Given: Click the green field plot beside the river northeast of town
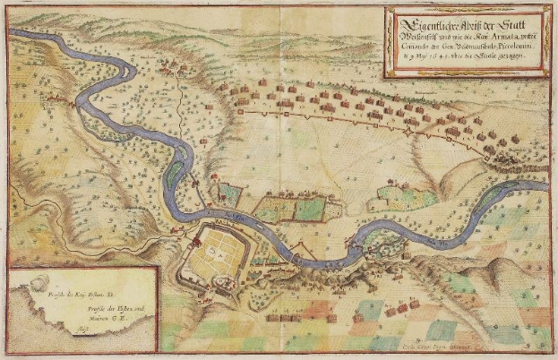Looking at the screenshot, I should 308,210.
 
